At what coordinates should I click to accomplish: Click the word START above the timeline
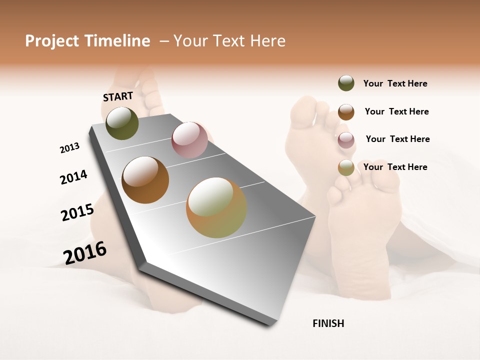pyautogui.click(x=118, y=96)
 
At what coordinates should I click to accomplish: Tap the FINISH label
pyautogui.click(x=328, y=323)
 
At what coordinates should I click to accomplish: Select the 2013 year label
pyautogui.click(x=69, y=148)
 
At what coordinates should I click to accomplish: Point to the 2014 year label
pyautogui.click(x=73, y=177)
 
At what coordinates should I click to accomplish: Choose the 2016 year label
pyautogui.click(x=85, y=252)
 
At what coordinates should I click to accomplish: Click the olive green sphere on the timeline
pyautogui.click(x=122, y=123)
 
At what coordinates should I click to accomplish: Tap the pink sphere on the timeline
pyautogui.click(x=189, y=140)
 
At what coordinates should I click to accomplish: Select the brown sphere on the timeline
pyautogui.click(x=145, y=180)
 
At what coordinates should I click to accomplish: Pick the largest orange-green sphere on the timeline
pyautogui.click(x=216, y=207)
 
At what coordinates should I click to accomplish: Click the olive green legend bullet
pyautogui.click(x=346, y=83)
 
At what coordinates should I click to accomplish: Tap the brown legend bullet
pyautogui.click(x=346, y=112)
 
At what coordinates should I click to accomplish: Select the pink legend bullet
pyautogui.click(x=346, y=140)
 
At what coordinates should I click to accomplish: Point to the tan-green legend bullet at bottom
pyautogui.click(x=346, y=167)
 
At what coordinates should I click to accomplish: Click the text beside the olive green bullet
pyautogui.click(x=395, y=84)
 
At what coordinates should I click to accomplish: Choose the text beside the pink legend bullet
pyautogui.click(x=397, y=139)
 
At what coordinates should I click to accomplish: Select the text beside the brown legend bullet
pyautogui.click(x=396, y=111)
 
